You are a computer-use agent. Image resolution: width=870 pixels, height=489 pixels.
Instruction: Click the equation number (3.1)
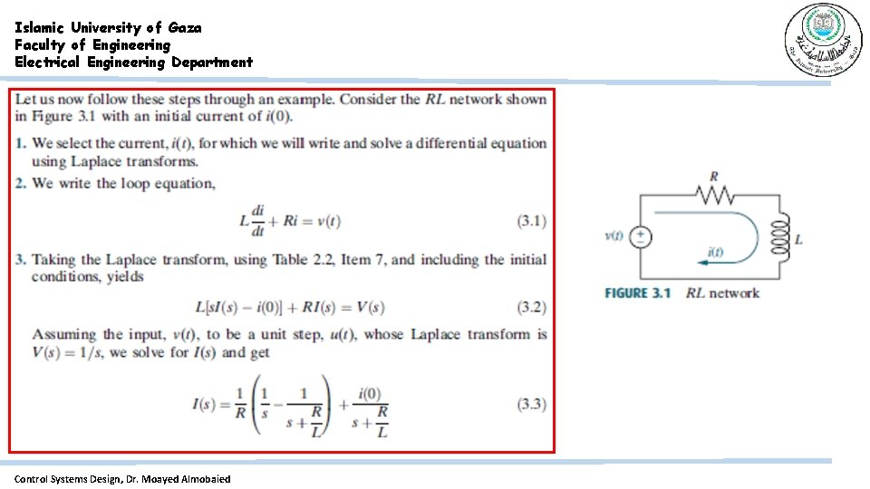point(531,221)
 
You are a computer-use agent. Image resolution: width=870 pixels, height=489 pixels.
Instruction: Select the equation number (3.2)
point(531,307)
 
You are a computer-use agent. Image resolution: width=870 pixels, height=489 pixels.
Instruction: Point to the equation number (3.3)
point(531,404)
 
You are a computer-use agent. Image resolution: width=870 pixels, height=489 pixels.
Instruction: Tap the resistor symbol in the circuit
point(714,195)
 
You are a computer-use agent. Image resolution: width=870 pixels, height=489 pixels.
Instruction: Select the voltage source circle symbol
point(641,237)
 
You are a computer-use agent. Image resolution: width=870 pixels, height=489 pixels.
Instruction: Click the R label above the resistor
point(714,176)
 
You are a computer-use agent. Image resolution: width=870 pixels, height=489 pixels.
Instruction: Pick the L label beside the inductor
point(798,240)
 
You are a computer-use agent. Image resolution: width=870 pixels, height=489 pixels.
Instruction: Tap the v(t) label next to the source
point(614,236)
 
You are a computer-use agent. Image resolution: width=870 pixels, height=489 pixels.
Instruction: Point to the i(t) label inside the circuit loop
point(715,252)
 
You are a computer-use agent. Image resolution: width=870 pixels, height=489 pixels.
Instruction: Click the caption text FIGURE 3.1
point(637,292)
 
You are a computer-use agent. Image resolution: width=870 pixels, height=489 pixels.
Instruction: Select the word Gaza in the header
point(185,27)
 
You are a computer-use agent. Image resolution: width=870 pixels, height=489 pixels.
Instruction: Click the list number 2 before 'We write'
point(20,184)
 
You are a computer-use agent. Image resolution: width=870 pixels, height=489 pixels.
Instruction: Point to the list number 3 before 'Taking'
point(20,260)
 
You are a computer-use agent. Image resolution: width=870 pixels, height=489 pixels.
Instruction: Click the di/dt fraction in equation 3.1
point(258,221)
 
